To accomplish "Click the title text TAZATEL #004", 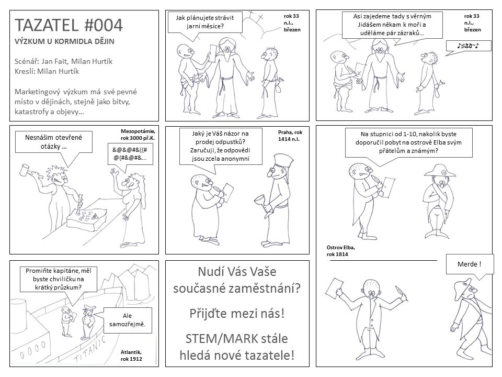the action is click(x=69, y=25).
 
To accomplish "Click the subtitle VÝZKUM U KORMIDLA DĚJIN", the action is click(x=64, y=41).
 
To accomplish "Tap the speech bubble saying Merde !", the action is click(x=469, y=264).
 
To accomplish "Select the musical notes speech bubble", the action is click(x=469, y=46).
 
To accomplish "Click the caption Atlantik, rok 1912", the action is click(x=131, y=356).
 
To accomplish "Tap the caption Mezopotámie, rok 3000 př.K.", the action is click(x=138, y=135).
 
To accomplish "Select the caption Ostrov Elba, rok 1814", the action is click(x=340, y=251).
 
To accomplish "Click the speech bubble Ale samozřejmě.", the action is click(x=127, y=320).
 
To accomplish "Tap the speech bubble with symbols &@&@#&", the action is click(x=130, y=153).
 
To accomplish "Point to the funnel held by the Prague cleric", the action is click(x=263, y=206).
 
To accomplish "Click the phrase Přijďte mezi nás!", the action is click(x=237, y=313).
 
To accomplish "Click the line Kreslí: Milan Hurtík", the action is click(x=47, y=71).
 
